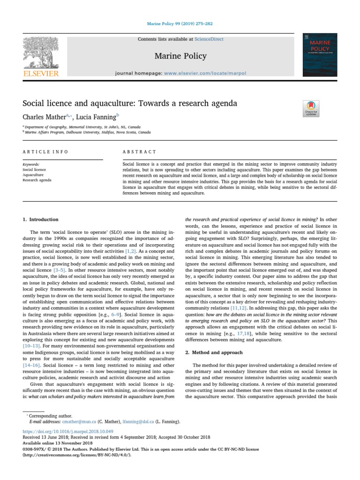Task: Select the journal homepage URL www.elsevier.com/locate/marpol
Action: (x=211, y=74)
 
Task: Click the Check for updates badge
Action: (x=311, y=109)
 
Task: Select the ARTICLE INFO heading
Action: (x=45, y=152)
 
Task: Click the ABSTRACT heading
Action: (x=139, y=152)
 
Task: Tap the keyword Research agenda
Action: (x=37, y=180)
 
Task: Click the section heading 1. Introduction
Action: (x=40, y=219)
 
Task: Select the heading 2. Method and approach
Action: (x=213, y=352)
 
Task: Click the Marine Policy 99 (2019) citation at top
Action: (x=180, y=24)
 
